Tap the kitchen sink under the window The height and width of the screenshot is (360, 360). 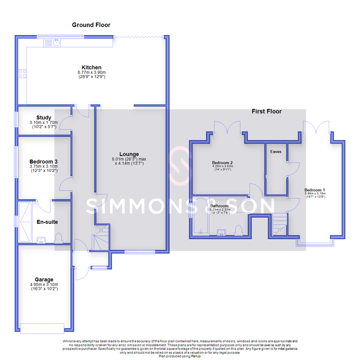tap(52, 43)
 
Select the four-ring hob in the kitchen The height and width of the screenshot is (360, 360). tap(23, 73)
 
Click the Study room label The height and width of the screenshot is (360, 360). tap(44, 117)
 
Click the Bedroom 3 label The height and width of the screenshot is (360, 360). tap(44, 161)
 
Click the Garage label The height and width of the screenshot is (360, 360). tap(44, 279)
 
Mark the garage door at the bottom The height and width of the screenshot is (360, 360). tap(42, 328)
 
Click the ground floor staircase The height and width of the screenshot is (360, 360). tap(101, 238)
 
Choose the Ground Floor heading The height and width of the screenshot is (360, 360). tap(91, 25)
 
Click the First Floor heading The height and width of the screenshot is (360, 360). tap(266, 111)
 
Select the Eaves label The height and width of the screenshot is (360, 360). tap(276, 151)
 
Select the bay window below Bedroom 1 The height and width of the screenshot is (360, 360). tap(315, 243)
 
